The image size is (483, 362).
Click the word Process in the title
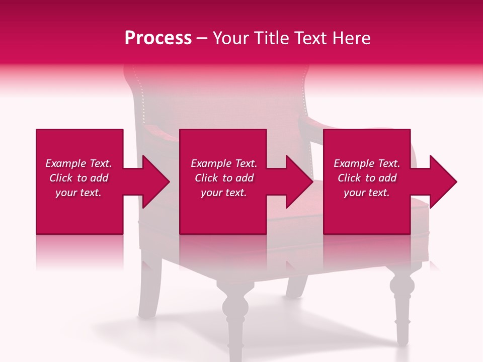[158, 38]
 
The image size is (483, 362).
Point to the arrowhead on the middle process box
[298, 182]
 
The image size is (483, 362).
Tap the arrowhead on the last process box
[442, 182]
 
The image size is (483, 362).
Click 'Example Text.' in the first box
[78, 163]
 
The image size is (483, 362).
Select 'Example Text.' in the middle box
[223, 163]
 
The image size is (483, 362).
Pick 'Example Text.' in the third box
[367, 163]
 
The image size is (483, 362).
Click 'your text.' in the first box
[78, 193]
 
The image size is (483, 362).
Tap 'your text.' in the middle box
[223, 193]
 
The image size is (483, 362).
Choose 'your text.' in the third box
[367, 193]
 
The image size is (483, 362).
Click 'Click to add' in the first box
[78, 178]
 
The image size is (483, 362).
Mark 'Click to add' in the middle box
[223, 178]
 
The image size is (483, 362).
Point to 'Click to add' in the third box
[367, 178]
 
